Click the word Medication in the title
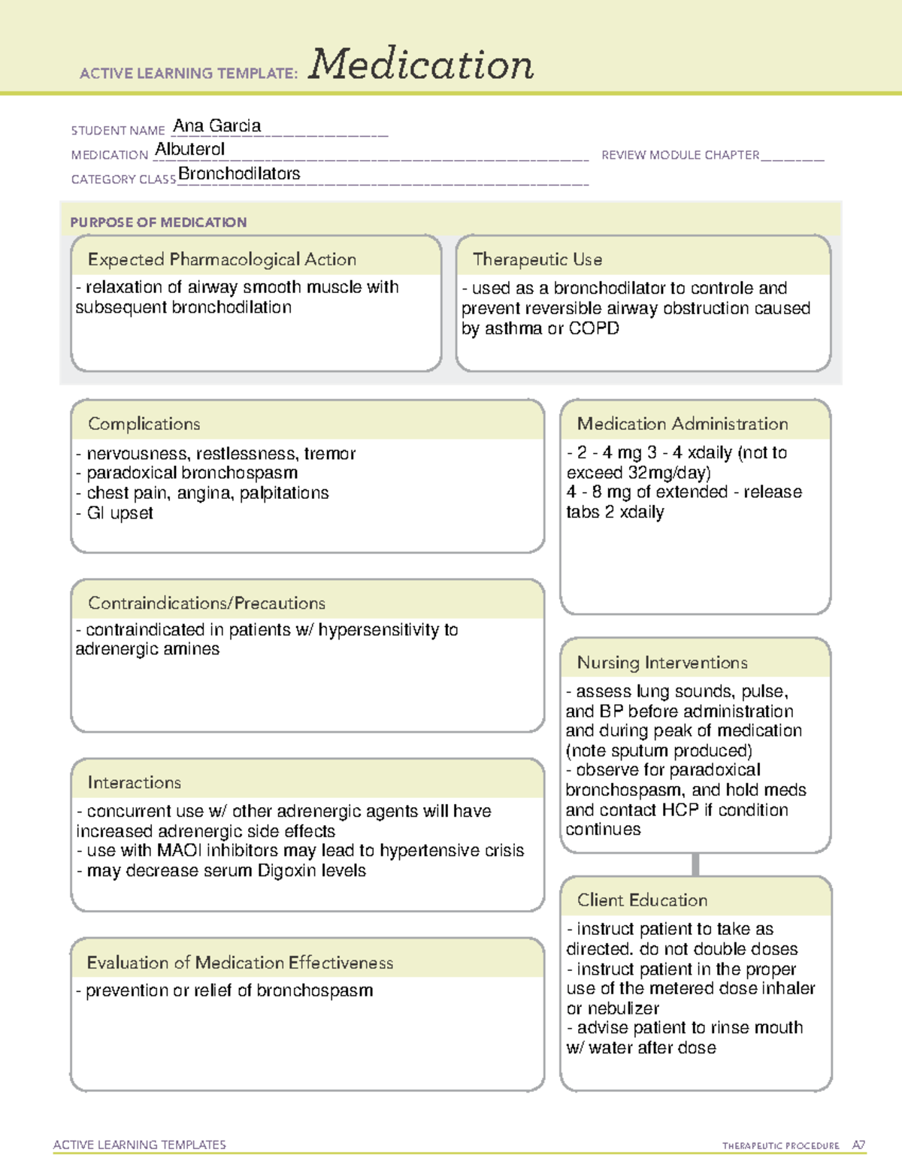(x=421, y=65)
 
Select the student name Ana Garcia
(x=216, y=126)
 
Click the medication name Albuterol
(x=189, y=150)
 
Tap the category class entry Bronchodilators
(x=239, y=174)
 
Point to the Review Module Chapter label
(x=680, y=155)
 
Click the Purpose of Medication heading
(x=158, y=222)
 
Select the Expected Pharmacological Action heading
(x=222, y=259)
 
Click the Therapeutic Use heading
(x=537, y=259)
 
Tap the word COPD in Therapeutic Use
(x=594, y=328)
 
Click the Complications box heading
(x=144, y=424)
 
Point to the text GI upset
(x=120, y=513)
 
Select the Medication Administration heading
(x=682, y=424)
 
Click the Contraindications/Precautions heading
(x=206, y=603)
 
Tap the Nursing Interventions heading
(x=661, y=663)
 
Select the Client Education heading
(x=642, y=900)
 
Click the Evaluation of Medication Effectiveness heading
(x=240, y=963)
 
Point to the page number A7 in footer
(x=858, y=1145)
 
